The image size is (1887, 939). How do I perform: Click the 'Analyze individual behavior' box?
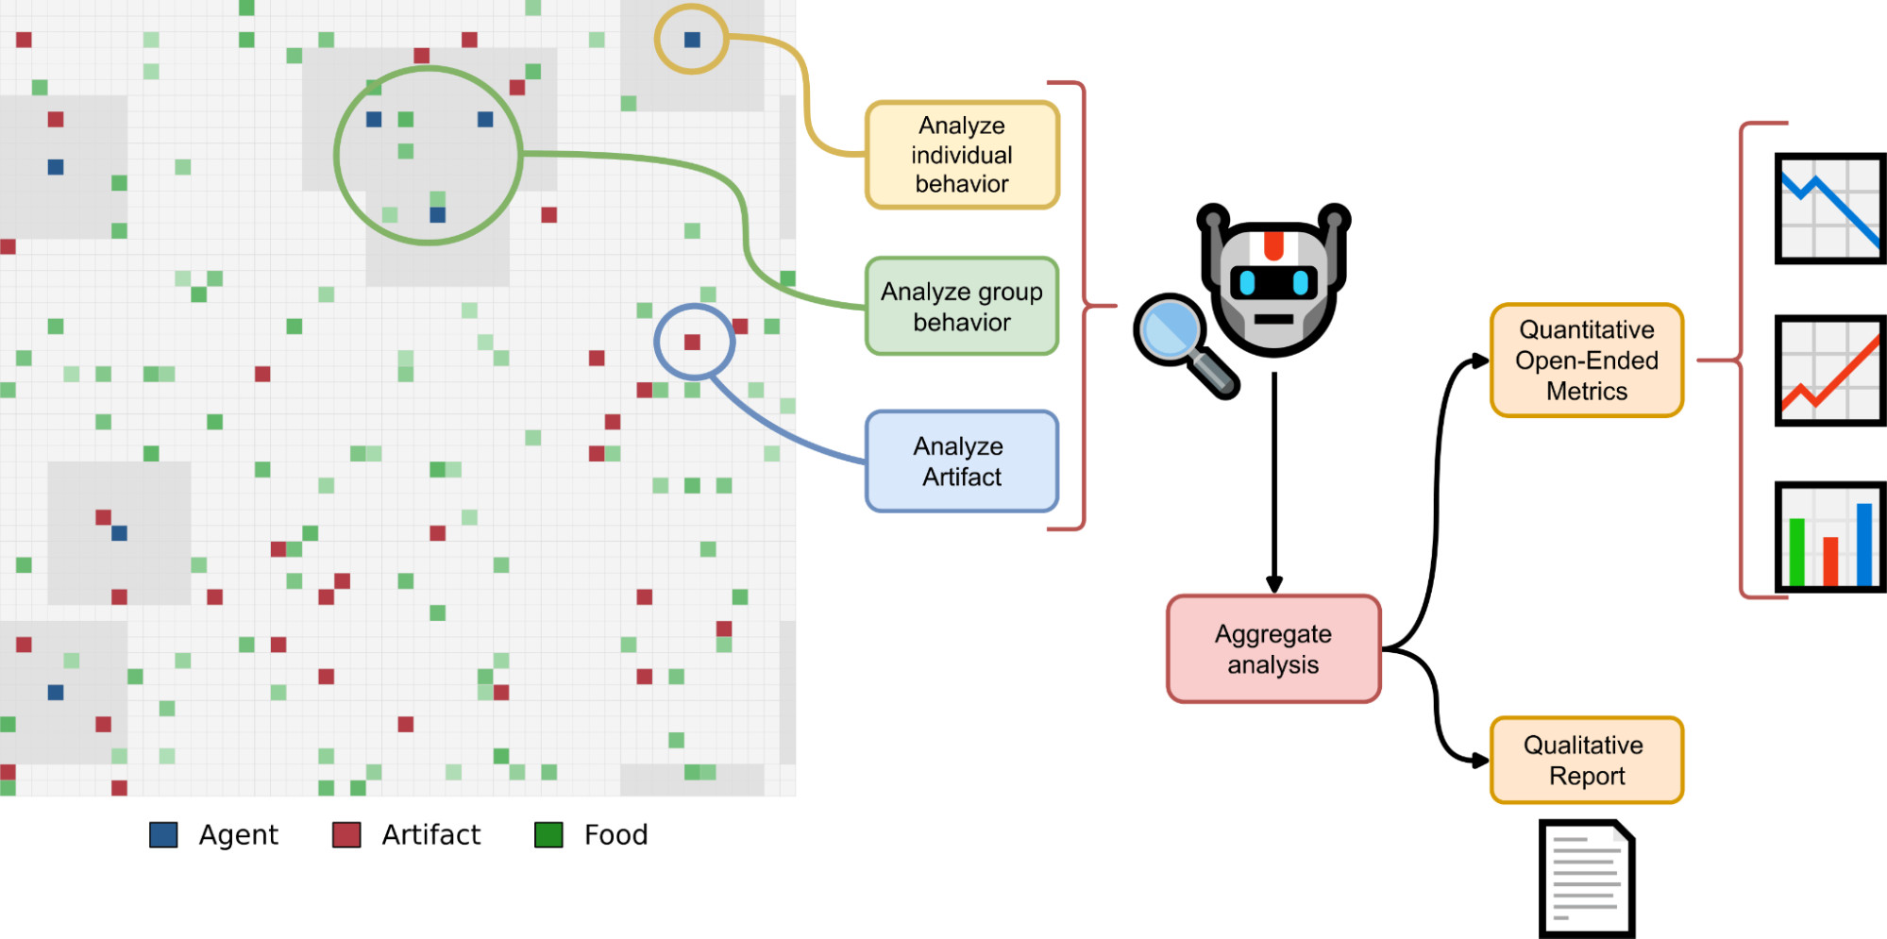(962, 155)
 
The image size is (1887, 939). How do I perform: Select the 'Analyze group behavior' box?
(962, 307)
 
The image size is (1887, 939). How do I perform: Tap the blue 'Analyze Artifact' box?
(962, 461)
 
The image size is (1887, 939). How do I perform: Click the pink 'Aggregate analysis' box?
(1273, 649)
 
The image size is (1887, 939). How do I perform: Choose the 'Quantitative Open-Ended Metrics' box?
(1587, 361)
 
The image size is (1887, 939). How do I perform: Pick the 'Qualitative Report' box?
(1587, 761)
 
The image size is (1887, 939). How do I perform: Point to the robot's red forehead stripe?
(1273, 243)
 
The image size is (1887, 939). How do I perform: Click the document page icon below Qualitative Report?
(1587, 879)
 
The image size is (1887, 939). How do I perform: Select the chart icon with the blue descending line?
(1830, 209)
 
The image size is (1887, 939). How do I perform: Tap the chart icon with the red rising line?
(1830, 371)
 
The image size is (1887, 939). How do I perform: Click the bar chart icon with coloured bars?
(1830, 537)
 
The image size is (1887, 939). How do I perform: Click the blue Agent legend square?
(163, 835)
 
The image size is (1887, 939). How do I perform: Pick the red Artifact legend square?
(346, 835)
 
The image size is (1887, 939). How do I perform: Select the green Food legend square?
(548, 835)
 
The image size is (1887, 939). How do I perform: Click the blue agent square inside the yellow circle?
(692, 40)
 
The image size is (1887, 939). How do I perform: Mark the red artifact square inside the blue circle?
(692, 342)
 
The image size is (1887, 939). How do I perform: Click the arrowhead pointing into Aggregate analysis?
(1274, 585)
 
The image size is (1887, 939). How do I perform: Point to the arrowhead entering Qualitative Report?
(1480, 760)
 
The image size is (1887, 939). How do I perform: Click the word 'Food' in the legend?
(615, 835)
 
